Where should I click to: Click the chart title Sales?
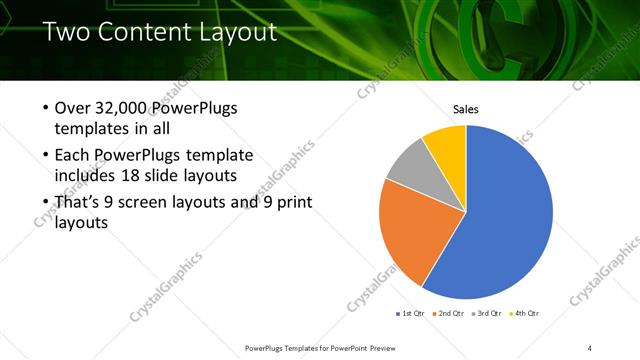pyautogui.click(x=466, y=108)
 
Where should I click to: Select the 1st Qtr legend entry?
pyautogui.click(x=411, y=314)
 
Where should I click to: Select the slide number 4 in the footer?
pyautogui.click(x=590, y=347)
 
